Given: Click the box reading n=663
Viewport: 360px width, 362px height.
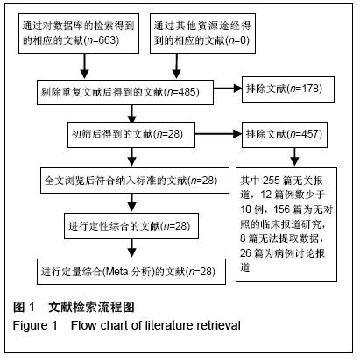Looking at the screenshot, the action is tap(79, 33).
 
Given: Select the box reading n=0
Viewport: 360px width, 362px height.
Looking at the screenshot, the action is tap(202, 33).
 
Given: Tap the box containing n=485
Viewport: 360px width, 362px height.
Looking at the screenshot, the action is tap(125, 92).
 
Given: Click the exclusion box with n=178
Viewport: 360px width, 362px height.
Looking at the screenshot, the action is tap(288, 89).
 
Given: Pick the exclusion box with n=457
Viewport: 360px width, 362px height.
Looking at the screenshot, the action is tap(285, 135).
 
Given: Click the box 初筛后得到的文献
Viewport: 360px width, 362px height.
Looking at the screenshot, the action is tap(131, 135).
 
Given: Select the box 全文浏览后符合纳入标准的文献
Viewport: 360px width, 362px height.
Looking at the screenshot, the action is tap(135, 181).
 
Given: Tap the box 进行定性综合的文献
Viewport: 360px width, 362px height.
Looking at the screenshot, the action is tap(131, 226).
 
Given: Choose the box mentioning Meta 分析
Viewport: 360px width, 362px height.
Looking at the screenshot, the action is tap(131, 272).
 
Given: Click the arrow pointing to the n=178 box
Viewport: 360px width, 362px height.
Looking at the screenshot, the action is tap(228, 89).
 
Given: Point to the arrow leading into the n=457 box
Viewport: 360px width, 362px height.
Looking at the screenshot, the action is tap(218, 134).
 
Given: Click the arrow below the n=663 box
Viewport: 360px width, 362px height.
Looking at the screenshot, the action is tap(85, 67).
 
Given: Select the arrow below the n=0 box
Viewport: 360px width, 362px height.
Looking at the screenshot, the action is tap(176, 67).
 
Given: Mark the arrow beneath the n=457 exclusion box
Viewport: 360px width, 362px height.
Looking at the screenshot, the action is tap(294, 157).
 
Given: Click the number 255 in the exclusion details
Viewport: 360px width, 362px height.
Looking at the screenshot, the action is tap(271, 181).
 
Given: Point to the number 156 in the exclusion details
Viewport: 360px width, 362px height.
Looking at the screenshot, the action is tap(282, 209).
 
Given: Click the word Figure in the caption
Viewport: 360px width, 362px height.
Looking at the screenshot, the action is tap(32, 325).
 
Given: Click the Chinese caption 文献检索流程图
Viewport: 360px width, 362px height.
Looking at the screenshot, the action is tap(91, 307).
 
